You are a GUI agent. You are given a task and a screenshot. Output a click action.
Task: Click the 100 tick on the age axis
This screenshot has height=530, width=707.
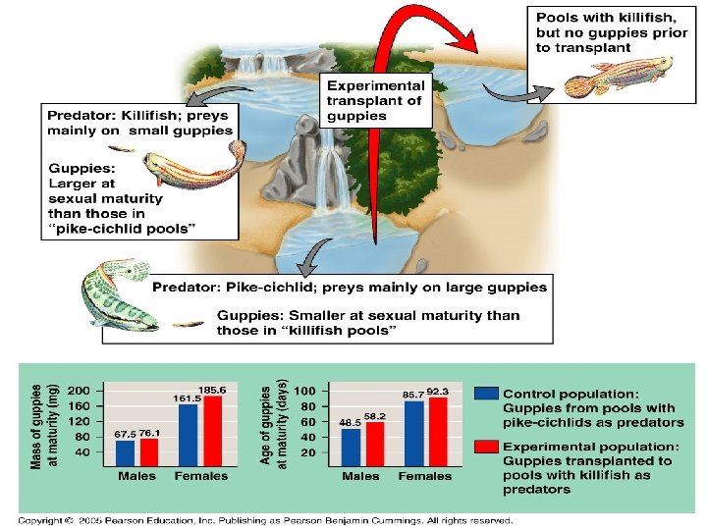[x=304, y=390]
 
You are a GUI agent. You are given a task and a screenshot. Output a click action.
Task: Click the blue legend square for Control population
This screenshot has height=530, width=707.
[x=485, y=393]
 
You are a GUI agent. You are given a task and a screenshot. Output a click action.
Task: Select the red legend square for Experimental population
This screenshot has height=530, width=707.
[x=485, y=446]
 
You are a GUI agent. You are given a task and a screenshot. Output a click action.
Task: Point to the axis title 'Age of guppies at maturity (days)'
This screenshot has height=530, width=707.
[x=273, y=424]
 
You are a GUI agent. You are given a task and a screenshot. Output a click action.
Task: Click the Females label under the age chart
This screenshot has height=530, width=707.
[x=424, y=476]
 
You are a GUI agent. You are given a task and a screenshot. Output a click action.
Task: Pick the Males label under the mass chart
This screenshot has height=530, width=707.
[x=137, y=476]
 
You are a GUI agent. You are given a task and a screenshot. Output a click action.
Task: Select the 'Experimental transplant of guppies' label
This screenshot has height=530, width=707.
[x=375, y=100]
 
